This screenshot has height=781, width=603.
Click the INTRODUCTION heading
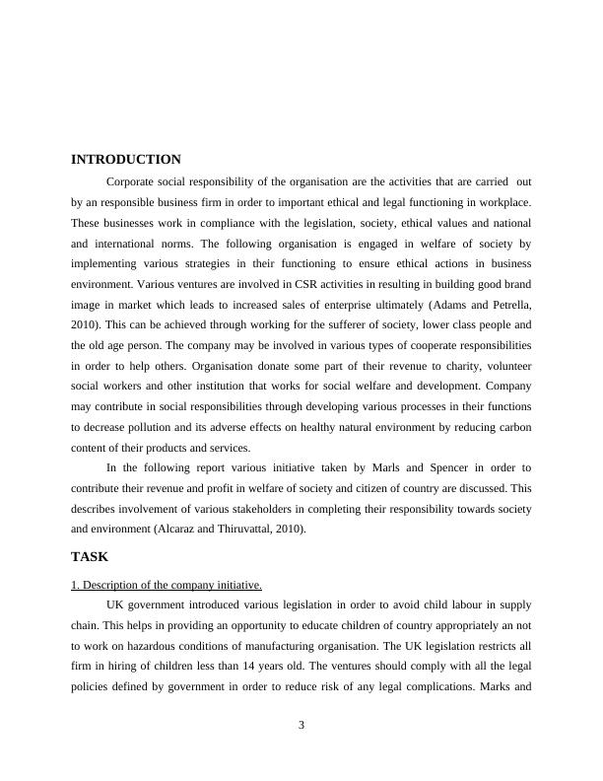126,160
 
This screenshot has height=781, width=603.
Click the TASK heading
90,556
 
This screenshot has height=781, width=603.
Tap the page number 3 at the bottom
301,726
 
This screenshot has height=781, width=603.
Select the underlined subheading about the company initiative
167,585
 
